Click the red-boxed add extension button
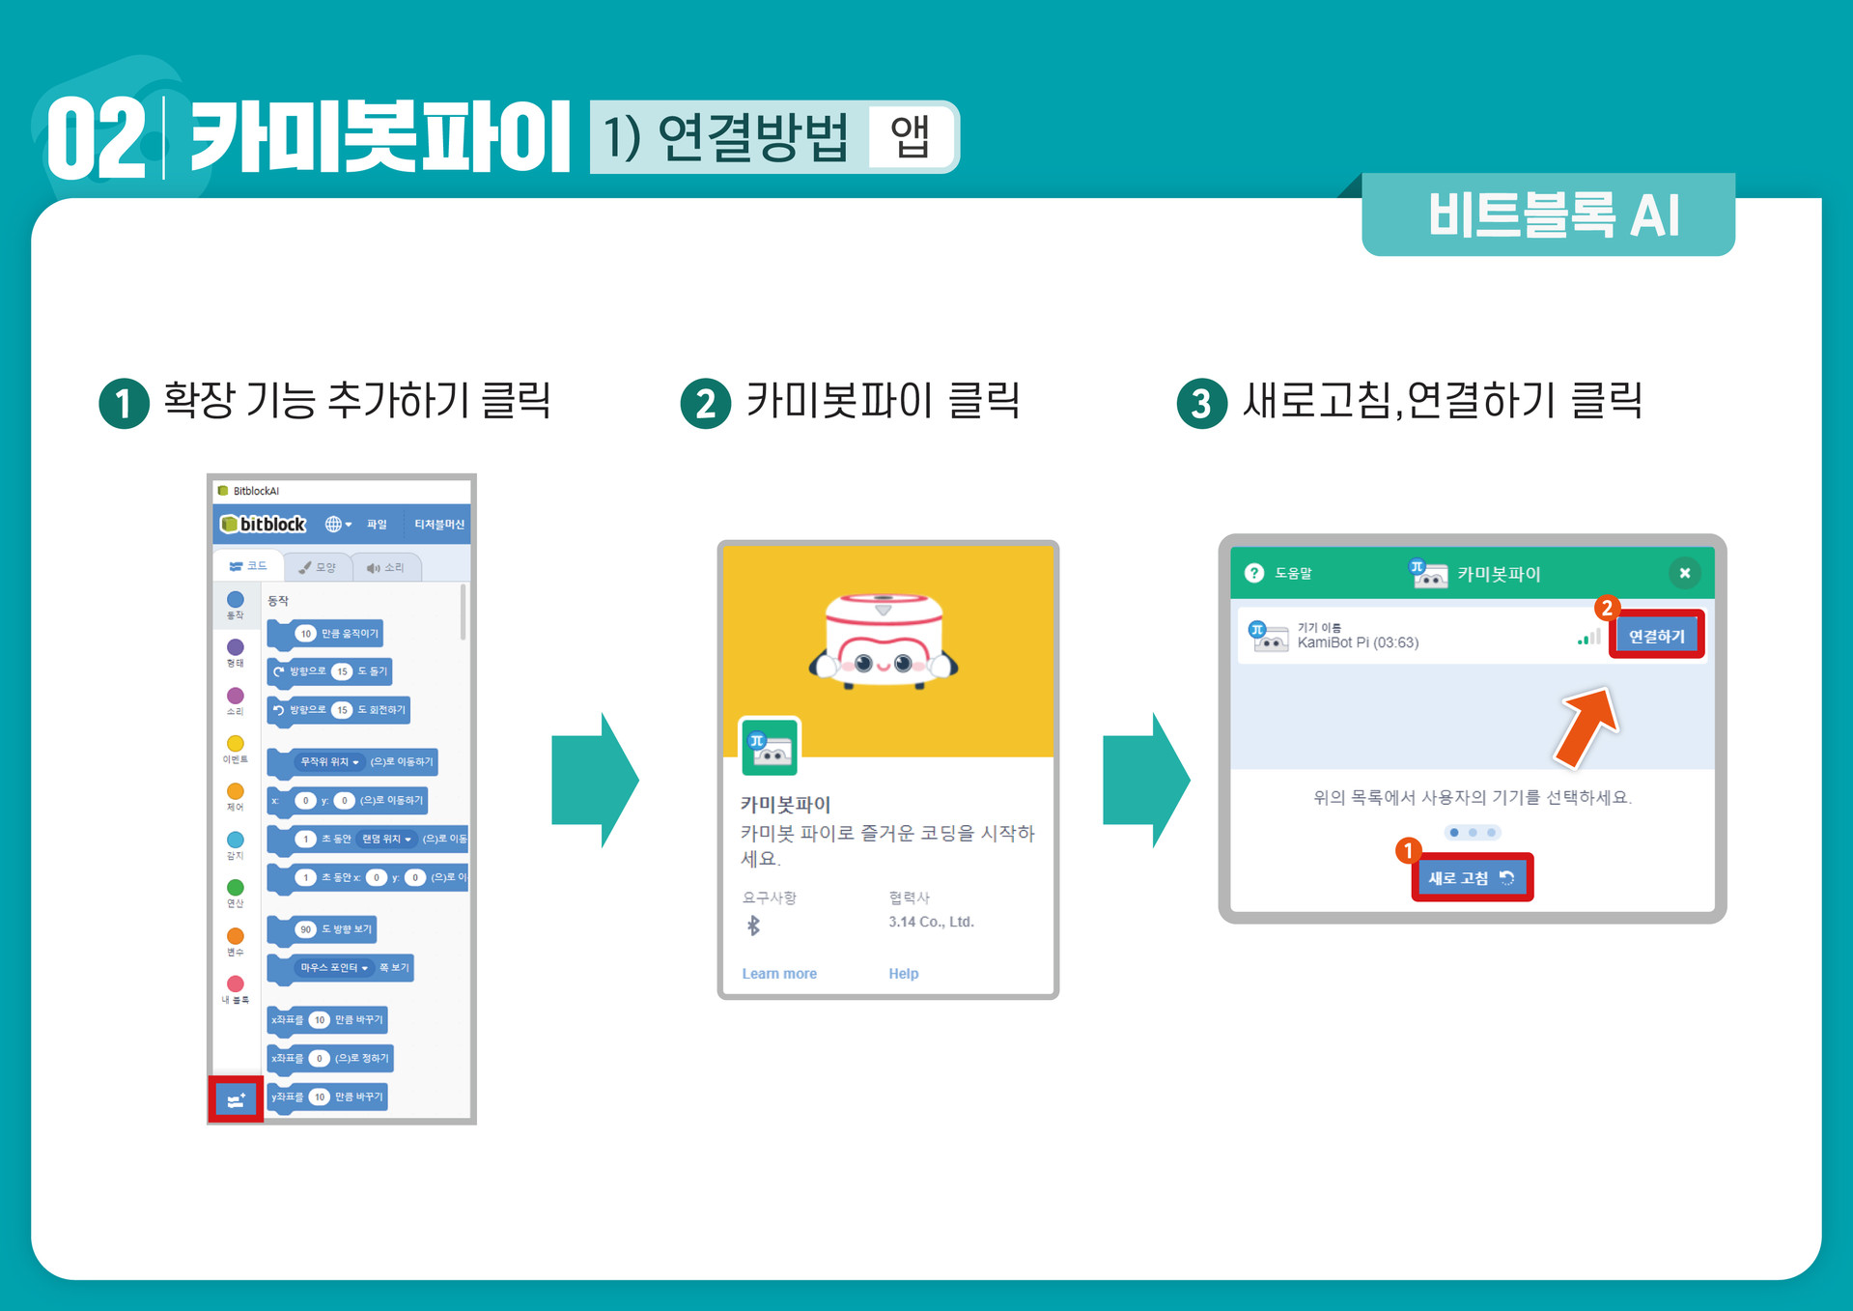click(x=236, y=1099)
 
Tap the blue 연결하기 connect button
click(x=1656, y=636)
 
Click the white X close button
click(x=1684, y=573)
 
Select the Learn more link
click(x=779, y=974)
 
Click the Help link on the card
click(x=903, y=974)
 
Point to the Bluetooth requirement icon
click(x=754, y=926)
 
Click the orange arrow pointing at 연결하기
click(x=1586, y=727)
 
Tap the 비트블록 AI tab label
click(x=1553, y=214)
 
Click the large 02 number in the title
click(x=97, y=139)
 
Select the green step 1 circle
click(x=125, y=403)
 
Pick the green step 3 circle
click(x=1201, y=403)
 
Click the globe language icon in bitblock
click(x=333, y=524)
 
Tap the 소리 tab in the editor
click(x=385, y=567)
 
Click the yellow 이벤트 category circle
click(x=235, y=743)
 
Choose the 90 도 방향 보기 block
click(x=323, y=929)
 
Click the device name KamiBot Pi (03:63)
click(x=1358, y=642)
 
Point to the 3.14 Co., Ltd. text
click(x=931, y=922)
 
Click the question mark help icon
click(x=1254, y=573)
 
